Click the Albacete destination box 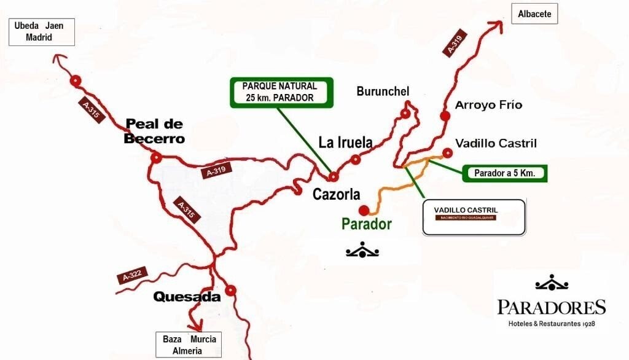click(x=534, y=14)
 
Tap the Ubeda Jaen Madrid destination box click(x=41, y=32)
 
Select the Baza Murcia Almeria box click(x=189, y=345)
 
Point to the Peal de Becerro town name click(x=154, y=131)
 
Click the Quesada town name click(x=187, y=297)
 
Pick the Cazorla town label click(x=336, y=195)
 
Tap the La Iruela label click(x=345, y=143)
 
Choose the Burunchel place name click(x=383, y=92)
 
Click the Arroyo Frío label click(x=488, y=105)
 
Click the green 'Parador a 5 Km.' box click(x=504, y=173)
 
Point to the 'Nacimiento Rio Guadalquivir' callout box click(x=474, y=217)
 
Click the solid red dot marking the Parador click(x=364, y=209)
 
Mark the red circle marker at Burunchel click(x=405, y=114)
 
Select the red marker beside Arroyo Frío click(x=443, y=115)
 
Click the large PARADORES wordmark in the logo click(x=552, y=307)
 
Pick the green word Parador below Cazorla click(x=367, y=224)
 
